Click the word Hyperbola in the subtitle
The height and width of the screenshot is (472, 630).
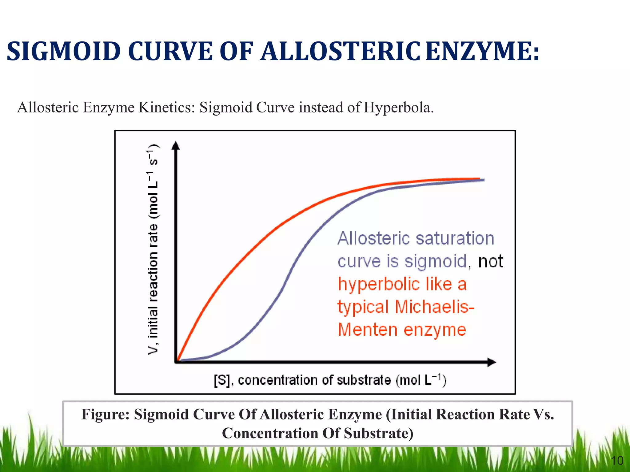click(x=398, y=108)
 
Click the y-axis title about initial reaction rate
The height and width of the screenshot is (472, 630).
click(x=153, y=249)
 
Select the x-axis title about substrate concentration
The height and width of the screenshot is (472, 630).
click(x=330, y=380)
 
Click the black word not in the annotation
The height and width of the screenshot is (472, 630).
click(x=490, y=261)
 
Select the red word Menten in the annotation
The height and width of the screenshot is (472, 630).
click(x=368, y=330)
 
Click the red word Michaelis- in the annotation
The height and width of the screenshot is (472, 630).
click(x=434, y=307)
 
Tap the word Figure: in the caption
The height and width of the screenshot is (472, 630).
click(x=105, y=414)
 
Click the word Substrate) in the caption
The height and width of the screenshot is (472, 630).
click(x=379, y=433)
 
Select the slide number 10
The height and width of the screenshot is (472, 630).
click(x=617, y=460)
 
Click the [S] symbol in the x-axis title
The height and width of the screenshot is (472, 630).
click(x=222, y=380)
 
